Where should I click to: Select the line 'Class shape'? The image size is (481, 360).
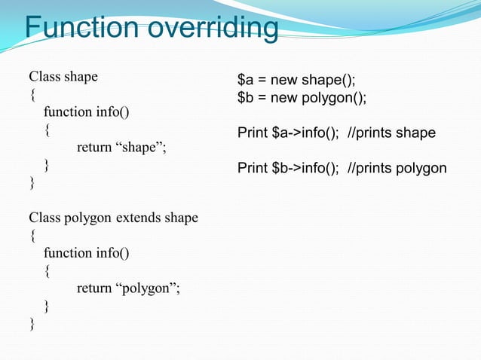pyautogui.click(x=63, y=77)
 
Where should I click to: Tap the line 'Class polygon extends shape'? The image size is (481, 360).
pyautogui.click(x=113, y=218)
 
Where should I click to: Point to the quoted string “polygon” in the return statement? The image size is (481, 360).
pyautogui.click(x=147, y=288)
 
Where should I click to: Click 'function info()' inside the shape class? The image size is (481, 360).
pyautogui.click(x=86, y=112)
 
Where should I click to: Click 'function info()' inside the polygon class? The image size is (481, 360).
pyautogui.click(x=86, y=253)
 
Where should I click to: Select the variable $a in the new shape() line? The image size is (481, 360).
pyautogui.click(x=246, y=80)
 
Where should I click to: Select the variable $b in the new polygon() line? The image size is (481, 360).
pyautogui.click(x=246, y=98)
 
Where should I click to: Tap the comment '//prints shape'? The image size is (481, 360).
pyautogui.click(x=391, y=133)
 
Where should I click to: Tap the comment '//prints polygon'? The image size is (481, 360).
pyautogui.click(x=397, y=168)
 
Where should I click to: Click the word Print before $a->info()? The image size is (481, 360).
pyautogui.click(x=253, y=133)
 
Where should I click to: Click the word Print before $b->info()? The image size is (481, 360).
pyautogui.click(x=253, y=168)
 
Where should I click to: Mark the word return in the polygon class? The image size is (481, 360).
pyautogui.click(x=93, y=288)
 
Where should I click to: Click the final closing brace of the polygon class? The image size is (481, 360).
pyautogui.click(x=31, y=324)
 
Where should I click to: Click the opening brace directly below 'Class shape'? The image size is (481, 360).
pyautogui.click(x=31, y=95)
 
